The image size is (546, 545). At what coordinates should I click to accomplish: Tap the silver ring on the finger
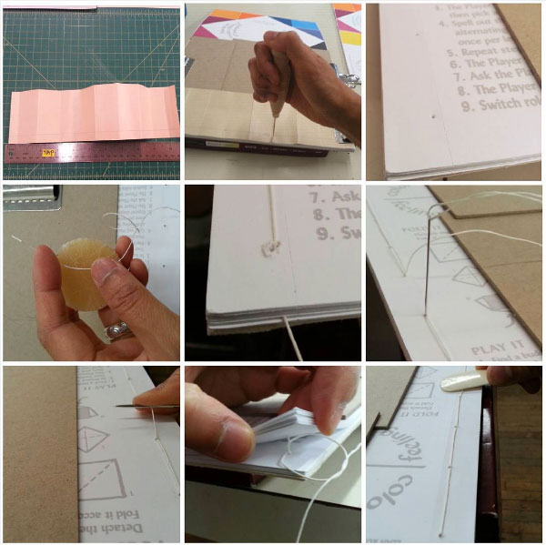point(117,330)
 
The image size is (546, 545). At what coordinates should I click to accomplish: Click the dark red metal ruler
point(91,153)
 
